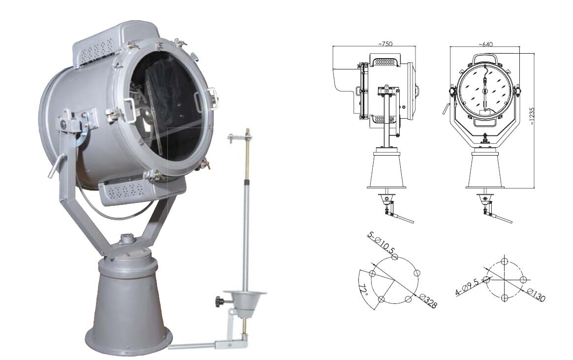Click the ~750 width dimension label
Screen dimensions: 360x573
(385, 44)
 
